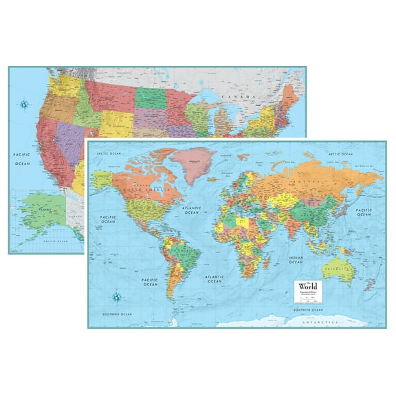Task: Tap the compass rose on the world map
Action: click(x=118, y=298)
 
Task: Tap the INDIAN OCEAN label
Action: click(x=296, y=260)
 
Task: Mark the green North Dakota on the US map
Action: click(x=151, y=96)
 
